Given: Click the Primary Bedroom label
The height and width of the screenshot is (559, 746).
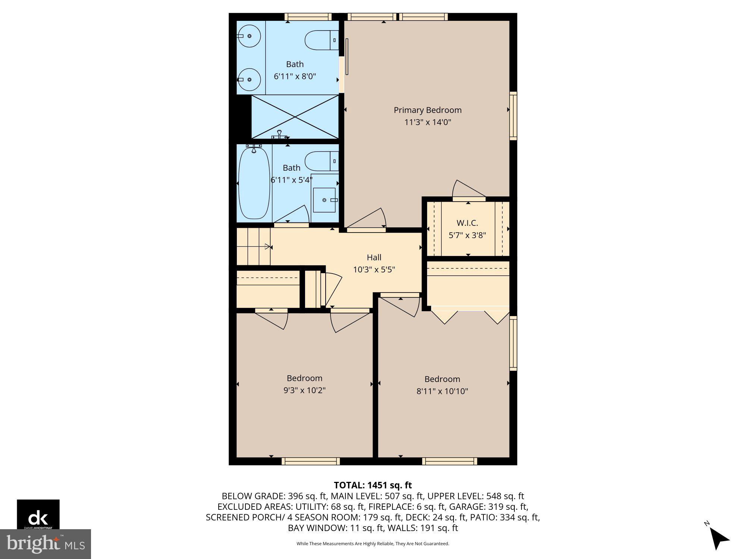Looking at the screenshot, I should [x=427, y=110].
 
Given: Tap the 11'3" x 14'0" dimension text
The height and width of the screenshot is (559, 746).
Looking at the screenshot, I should [x=427, y=122].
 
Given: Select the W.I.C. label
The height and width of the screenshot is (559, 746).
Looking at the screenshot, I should [x=467, y=223].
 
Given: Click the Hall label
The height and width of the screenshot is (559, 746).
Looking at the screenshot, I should [x=374, y=258].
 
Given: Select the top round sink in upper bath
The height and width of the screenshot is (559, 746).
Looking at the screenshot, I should [x=249, y=36].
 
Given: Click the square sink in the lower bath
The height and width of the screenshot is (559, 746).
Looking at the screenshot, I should [x=324, y=200].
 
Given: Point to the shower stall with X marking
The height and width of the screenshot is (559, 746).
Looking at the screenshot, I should [x=295, y=117].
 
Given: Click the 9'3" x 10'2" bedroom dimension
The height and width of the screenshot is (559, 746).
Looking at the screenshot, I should [x=304, y=391].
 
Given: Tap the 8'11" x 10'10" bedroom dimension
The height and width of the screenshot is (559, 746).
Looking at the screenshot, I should [x=442, y=391].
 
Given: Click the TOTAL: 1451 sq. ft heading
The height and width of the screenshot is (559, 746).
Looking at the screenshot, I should [x=373, y=485].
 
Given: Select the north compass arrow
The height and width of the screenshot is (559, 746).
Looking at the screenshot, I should [x=718, y=539].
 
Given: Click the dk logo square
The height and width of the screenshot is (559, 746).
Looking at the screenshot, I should [x=38, y=514].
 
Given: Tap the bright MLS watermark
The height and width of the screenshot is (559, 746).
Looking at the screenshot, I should [x=46, y=544].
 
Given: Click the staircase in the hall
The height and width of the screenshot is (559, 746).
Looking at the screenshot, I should [x=253, y=247].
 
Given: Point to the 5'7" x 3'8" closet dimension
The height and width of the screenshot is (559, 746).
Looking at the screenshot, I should [x=467, y=236].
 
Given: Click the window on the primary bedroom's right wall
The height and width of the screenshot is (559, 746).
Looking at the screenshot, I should [x=513, y=116].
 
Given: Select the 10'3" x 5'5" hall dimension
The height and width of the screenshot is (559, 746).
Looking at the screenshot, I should [x=374, y=269].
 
